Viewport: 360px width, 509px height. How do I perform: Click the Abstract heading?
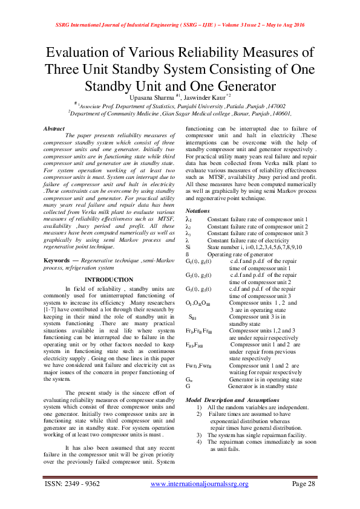pyautogui.click(x=54, y=129)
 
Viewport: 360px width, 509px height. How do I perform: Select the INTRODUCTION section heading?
pyautogui.click(x=108, y=279)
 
